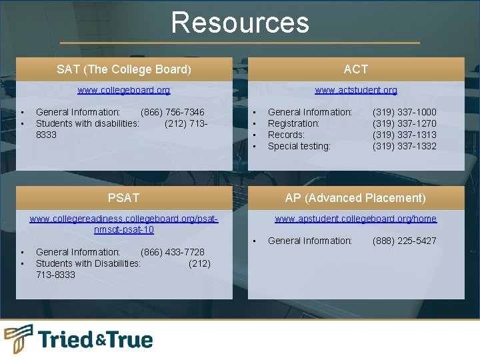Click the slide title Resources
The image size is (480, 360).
(x=240, y=22)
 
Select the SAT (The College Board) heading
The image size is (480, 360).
(x=124, y=69)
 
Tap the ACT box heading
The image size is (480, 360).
(x=355, y=69)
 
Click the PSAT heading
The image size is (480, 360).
(x=124, y=198)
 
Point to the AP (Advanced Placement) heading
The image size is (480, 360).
(x=355, y=198)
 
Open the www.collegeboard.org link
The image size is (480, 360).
(x=124, y=90)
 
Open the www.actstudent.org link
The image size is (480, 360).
(x=355, y=90)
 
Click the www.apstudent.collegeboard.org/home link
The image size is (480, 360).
(x=355, y=219)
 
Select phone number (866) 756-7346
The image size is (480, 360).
(x=173, y=112)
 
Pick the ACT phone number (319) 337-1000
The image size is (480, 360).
(x=404, y=112)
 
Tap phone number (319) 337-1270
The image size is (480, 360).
(x=404, y=123)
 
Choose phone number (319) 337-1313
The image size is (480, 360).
(x=404, y=135)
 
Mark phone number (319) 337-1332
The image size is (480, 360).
(x=404, y=146)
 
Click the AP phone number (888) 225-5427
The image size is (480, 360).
(x=404, y=241)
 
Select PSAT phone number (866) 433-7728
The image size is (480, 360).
(x=173, y=252)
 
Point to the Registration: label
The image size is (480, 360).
(x=293, y=123)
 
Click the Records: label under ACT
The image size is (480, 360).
(x=286, y=135)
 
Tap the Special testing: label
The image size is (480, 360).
(x=299, y=146)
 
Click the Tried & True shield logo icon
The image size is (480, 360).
(x=18, y=339)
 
